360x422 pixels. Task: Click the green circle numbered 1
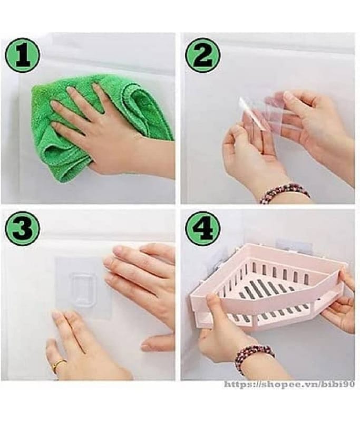pyautogui.click(x=22, y=56)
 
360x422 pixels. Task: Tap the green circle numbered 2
pyautogui.click(x=202, y=56)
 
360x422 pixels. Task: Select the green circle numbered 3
pyautogui.click(x=22, y=228)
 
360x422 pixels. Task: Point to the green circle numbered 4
pyautogui.click(x=202, y=228)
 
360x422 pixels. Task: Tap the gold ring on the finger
pyautogui.click(x=59, y=365)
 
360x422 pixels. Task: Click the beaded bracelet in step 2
pyautogui.click(x=285, y=193)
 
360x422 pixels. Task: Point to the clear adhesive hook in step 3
pyautogui.click(x=83, y=288)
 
